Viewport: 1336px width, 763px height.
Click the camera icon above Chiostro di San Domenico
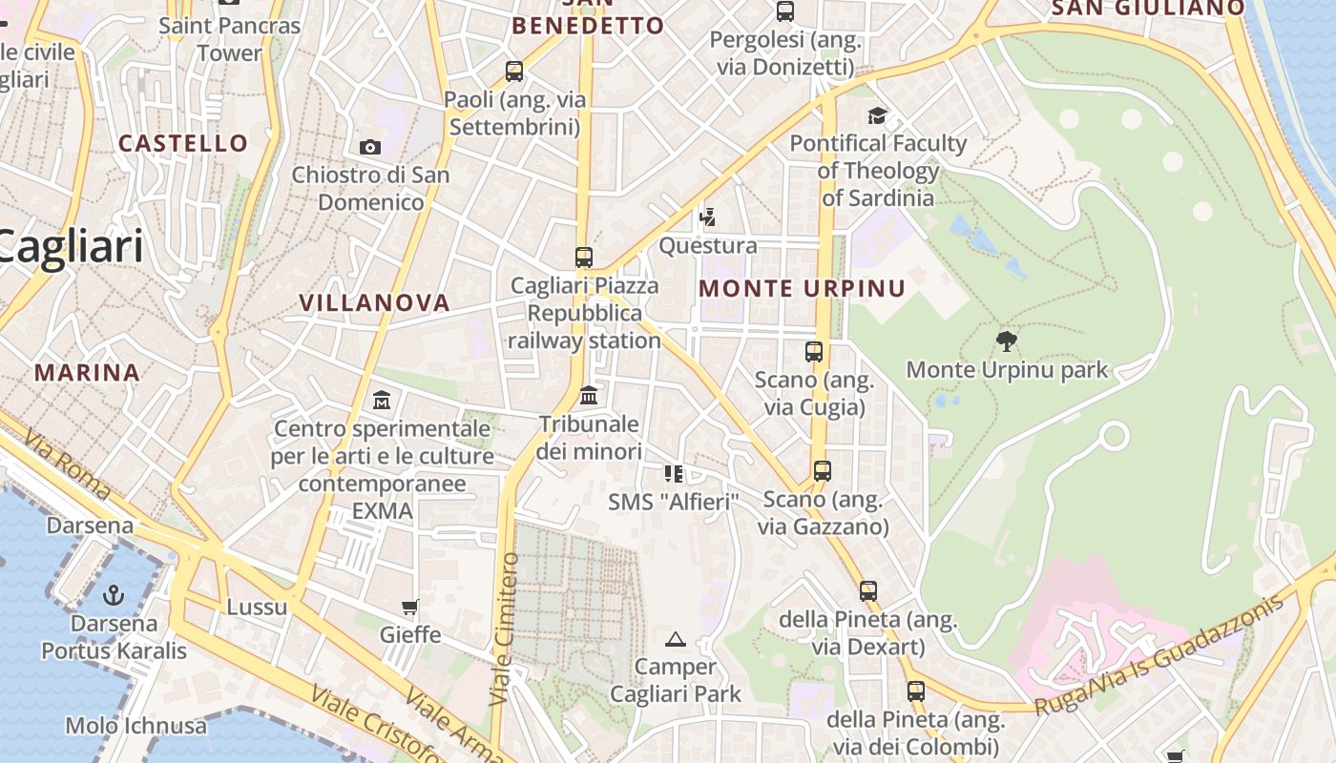click(370, 147)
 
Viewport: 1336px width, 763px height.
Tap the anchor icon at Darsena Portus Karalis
click(114, 596)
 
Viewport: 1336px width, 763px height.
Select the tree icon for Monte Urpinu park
click(1006, 340)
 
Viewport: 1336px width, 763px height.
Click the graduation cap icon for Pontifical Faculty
click(877, 115)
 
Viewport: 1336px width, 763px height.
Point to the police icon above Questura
click(707, 217)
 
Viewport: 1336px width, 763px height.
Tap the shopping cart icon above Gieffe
click(410, 607)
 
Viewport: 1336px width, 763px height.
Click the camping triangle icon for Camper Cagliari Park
click(676, 639)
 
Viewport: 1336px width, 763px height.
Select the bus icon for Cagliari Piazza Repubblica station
click(584, 257)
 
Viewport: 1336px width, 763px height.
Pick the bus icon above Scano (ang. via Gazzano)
click(822, 470)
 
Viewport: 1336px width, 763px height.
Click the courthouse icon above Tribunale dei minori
click(589, 395)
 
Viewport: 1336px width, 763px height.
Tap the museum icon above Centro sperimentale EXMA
click(382, 400)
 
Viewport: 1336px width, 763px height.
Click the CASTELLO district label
click(183, 143)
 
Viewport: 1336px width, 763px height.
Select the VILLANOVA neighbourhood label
click(374, 302)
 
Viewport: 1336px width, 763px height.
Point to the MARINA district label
click(88, 372)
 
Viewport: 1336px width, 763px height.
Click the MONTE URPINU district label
click(802, 288)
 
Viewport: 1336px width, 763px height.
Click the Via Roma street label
click(67, 466)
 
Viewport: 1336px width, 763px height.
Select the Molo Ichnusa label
click(136, 726)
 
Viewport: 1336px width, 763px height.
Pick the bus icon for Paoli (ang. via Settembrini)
click(514, 71)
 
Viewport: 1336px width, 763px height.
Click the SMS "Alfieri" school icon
click(674, 473)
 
